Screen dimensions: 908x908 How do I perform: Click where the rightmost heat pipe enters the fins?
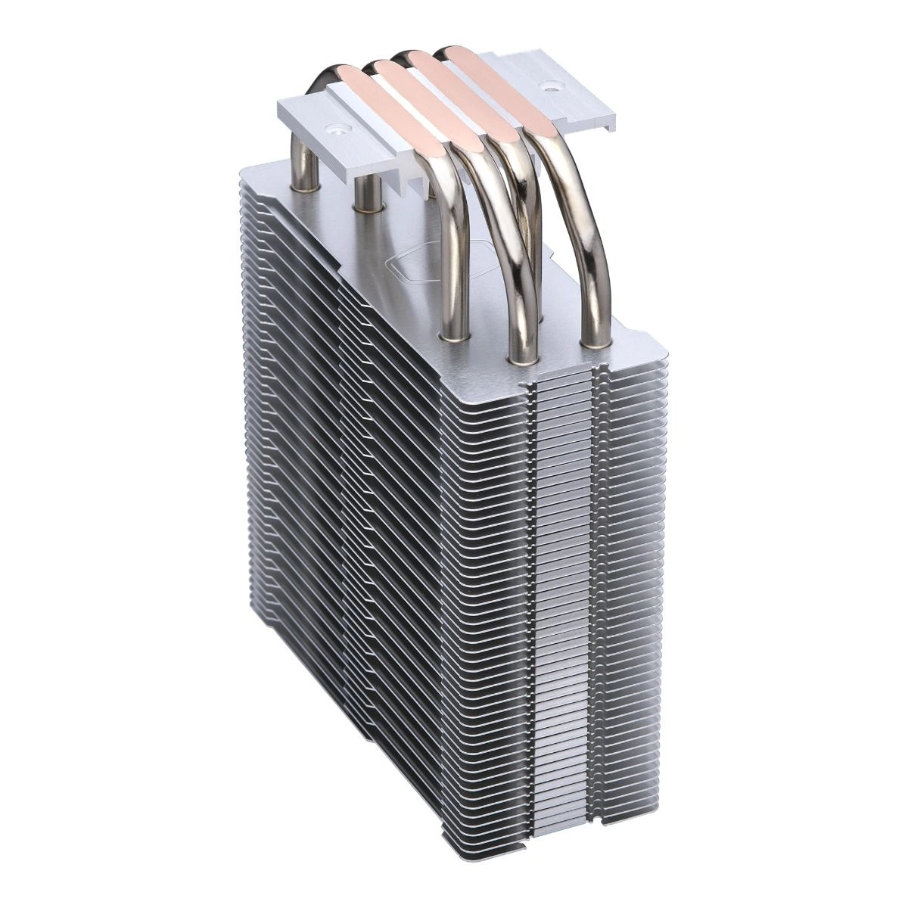pos(594,343)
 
